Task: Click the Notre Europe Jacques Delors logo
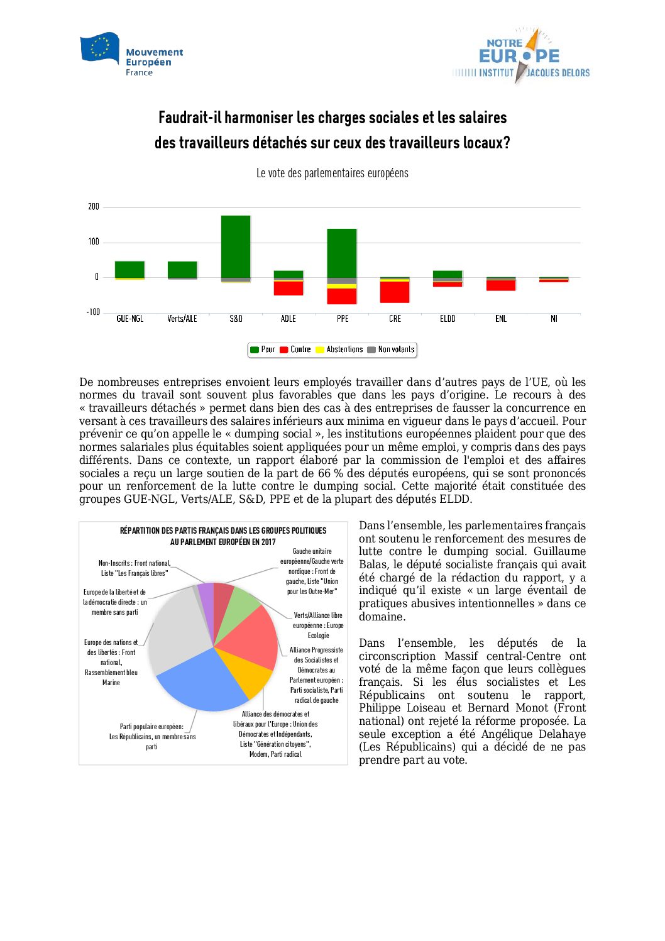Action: (521, 57)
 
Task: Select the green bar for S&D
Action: (236, 246)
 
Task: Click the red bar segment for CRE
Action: (395, 292)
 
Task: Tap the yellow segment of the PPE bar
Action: (342, 286)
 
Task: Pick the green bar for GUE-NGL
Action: (129, 269)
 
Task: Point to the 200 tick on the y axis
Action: (94, 207)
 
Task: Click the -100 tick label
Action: (93, 312)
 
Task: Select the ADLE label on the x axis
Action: (289, 319)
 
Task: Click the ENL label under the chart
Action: (500, 319)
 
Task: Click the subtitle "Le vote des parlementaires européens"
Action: (332, 173)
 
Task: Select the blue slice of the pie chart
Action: (201, 682)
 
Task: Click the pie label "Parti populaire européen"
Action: (151, 727)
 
